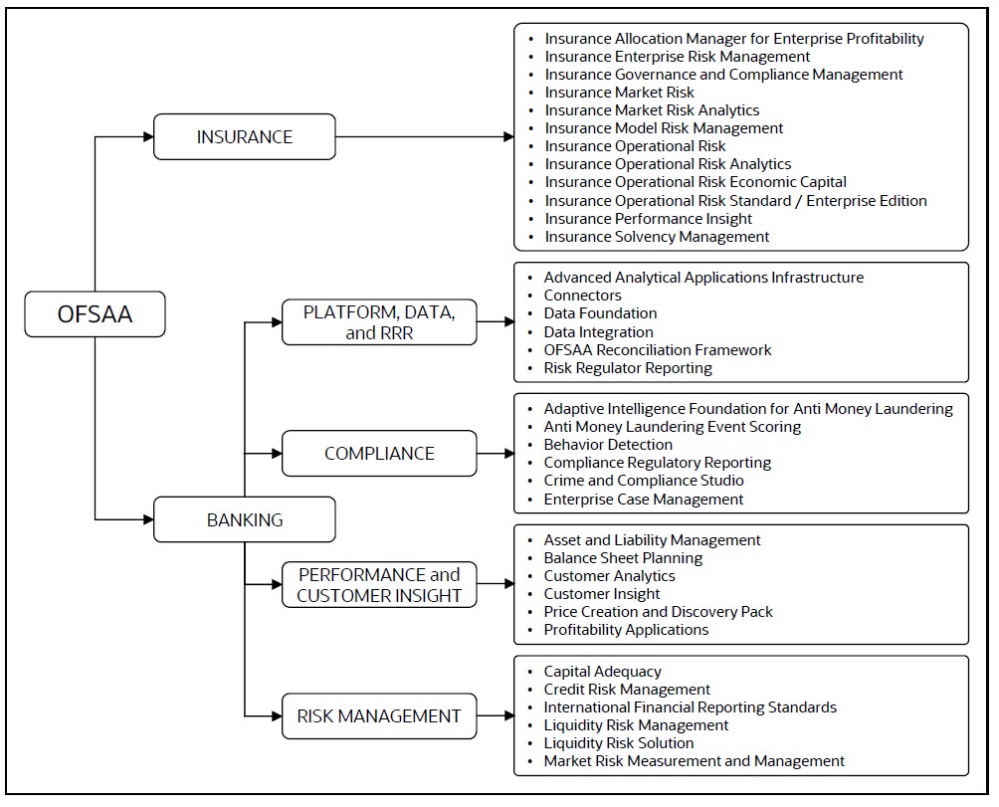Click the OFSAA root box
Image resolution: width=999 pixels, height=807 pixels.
tap(95, 314)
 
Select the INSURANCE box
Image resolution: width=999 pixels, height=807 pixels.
tap(245, 137)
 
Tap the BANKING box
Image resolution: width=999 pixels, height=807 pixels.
tap(245, 519)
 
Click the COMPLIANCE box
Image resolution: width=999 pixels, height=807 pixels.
tap(379, 454)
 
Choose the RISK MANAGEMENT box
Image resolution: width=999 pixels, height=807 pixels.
tap(379, 715)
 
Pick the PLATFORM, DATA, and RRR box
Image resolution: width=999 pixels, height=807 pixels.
tap(379, 322)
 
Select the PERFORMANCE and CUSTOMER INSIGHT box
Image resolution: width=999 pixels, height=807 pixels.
tap(379, 585)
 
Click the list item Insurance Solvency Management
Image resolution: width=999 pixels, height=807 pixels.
tap(657, 237)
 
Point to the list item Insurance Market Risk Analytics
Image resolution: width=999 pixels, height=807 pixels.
tap(652, 110)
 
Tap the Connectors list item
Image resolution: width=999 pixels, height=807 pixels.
tap(582, 296)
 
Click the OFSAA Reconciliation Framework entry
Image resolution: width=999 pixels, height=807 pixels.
tap(658, 349)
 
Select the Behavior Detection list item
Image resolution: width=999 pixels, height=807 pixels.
tap(608, 445)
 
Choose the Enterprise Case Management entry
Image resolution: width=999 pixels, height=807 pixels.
tap(644, 500)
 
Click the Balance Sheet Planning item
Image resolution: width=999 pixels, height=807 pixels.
tap(623, 558)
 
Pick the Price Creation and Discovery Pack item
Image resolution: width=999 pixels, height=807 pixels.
tap(658, 611)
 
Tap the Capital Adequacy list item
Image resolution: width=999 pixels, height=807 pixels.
tap(603, 672)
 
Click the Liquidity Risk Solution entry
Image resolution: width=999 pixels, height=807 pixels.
tap(619, 742)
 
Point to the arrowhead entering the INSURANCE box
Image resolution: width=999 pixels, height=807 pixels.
tap(148, 137)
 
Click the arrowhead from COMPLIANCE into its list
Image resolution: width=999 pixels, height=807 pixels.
tap(509, 454)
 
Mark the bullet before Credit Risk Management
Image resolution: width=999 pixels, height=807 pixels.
tap(530, 690)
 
